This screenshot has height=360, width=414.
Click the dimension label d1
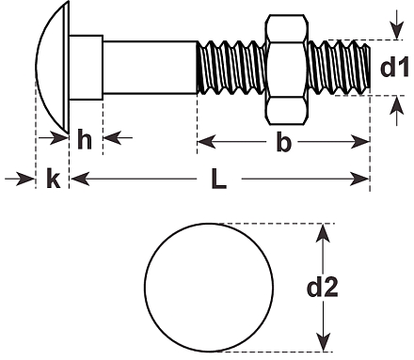tap(394, 67)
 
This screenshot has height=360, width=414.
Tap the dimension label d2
tap(322, 288)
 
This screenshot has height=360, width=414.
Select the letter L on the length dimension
tap(218, 179)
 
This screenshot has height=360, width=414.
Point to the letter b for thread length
tap(284, 142)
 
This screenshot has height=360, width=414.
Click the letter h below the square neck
tap(85, 139)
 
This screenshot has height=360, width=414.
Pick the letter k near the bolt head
tap(53, 179)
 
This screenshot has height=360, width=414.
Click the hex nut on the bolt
tap(286, 70)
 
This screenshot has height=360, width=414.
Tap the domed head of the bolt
tap(52, 67)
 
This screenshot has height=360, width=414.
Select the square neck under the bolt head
tap(86, 68)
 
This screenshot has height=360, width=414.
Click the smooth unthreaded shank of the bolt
tap(151, 68)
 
